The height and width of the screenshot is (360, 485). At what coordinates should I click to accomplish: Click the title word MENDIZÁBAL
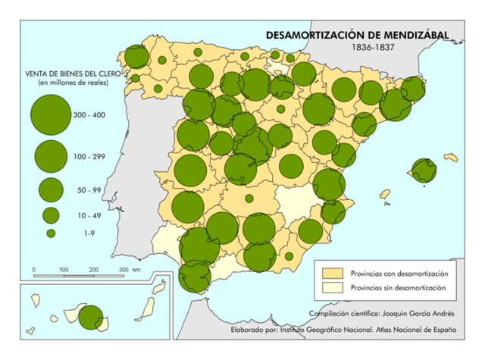tap(409, 35)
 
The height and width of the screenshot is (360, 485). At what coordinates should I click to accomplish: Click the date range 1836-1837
tap(377, 48)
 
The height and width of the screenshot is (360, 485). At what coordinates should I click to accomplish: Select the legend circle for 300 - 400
tap(50, 115)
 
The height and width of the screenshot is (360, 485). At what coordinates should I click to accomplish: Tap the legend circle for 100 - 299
tap(50, 155)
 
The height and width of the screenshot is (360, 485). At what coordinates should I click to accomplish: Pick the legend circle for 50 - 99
tap(50, 189)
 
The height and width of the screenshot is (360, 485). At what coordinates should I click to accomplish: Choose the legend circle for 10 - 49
tap(50, 215)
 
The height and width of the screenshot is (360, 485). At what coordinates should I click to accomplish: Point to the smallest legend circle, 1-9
tap(50, 233)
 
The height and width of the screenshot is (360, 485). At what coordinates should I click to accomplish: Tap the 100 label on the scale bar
tap(64, 269)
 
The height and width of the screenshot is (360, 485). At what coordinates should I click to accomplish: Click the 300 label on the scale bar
tap(123, 269)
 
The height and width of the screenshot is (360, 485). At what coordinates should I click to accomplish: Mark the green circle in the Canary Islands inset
tap(89, 317)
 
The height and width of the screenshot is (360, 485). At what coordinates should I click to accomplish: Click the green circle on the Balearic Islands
tap(421, 171)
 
